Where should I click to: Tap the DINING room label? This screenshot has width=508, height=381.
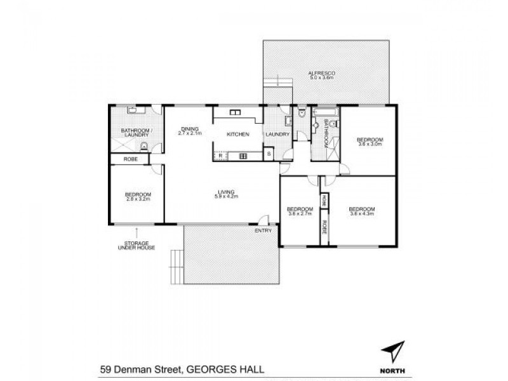tap(189, 130)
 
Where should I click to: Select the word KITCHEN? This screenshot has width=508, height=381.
tap(237, 135)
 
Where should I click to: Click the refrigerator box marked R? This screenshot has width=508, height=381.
tap(220, 155)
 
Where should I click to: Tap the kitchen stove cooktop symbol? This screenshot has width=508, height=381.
tap(242, 155)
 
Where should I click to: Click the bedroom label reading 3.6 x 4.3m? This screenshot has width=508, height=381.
tap(362, 211)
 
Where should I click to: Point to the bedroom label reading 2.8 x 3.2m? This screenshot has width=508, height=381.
tap(138, 197)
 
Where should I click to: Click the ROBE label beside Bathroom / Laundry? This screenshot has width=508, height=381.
tap(131, 159)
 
